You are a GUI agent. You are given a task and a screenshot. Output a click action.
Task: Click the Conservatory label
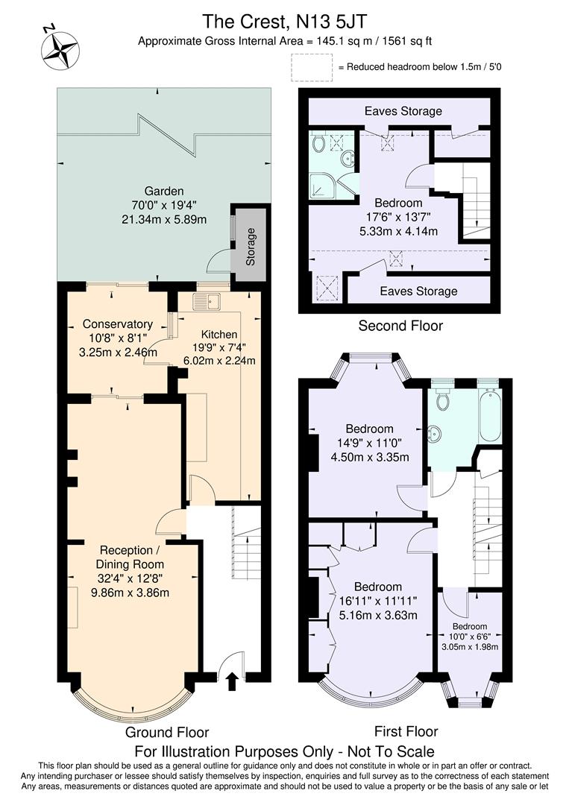118,324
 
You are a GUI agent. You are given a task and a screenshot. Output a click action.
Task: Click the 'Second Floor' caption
400,326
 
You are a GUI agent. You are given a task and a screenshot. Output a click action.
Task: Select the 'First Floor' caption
406,730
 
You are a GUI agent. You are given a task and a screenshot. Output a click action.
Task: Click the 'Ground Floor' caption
166,732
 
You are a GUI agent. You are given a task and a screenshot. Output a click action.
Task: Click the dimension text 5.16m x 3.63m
377,615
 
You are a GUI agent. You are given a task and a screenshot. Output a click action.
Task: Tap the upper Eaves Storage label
403,111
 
